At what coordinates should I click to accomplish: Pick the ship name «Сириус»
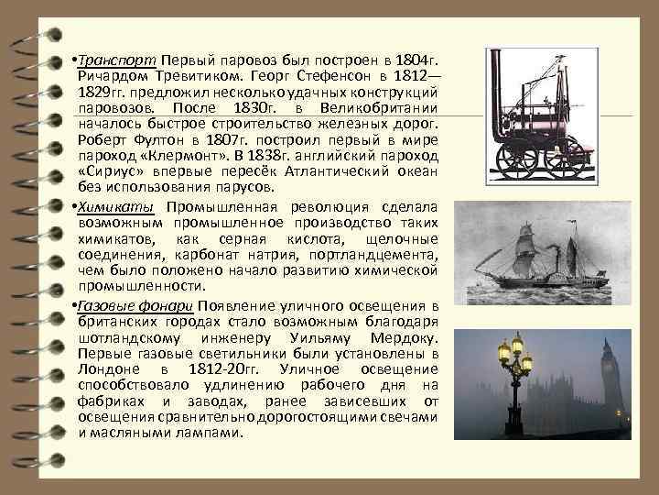[x=109, y=170]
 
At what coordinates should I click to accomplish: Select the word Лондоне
[x=112, y=368]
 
